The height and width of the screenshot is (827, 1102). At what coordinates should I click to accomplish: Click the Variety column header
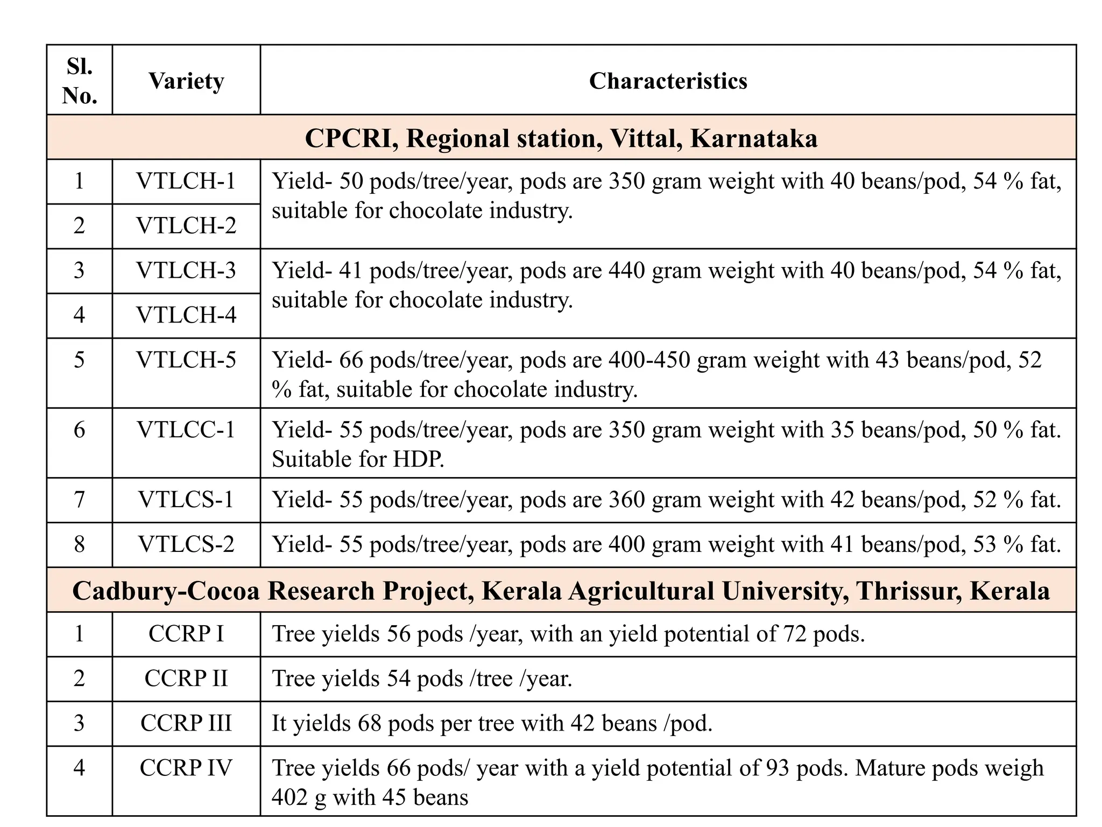[x=186, y=81]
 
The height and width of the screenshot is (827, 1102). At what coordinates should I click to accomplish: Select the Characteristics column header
[x=668, y=81]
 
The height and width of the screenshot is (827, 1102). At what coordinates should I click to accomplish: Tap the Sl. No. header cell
[x=80, y=81]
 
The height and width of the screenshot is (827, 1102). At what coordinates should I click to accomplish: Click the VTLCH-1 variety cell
[x=186, y=181]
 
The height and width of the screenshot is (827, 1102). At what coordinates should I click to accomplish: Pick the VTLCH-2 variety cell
[x=186, y=226]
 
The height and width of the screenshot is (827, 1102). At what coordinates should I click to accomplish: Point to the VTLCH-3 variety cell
[x=186, y=271]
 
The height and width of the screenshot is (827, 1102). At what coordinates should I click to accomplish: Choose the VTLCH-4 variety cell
[x=186, y=316]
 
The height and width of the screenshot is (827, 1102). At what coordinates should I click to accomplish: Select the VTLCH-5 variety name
[x=186, y=360]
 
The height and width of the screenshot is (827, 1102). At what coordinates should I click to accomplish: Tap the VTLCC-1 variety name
[x=186, y=430]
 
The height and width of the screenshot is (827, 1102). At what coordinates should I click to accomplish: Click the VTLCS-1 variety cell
[x=186, y=500]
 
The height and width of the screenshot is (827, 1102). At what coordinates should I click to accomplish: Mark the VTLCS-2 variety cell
[x=186, y=545]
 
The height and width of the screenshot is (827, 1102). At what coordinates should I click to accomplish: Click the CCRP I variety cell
[x=186, y=634]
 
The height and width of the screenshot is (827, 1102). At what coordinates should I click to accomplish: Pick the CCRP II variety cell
[x=186, y=679]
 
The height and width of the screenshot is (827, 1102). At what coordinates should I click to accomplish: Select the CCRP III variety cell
[x=186, y=724]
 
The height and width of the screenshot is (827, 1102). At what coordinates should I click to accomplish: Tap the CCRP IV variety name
[x=186, y=768]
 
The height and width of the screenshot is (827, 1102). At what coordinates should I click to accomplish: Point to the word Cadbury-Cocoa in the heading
[x=166, y=591]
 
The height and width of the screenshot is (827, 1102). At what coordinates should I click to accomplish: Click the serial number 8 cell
[x=80, y=545]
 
